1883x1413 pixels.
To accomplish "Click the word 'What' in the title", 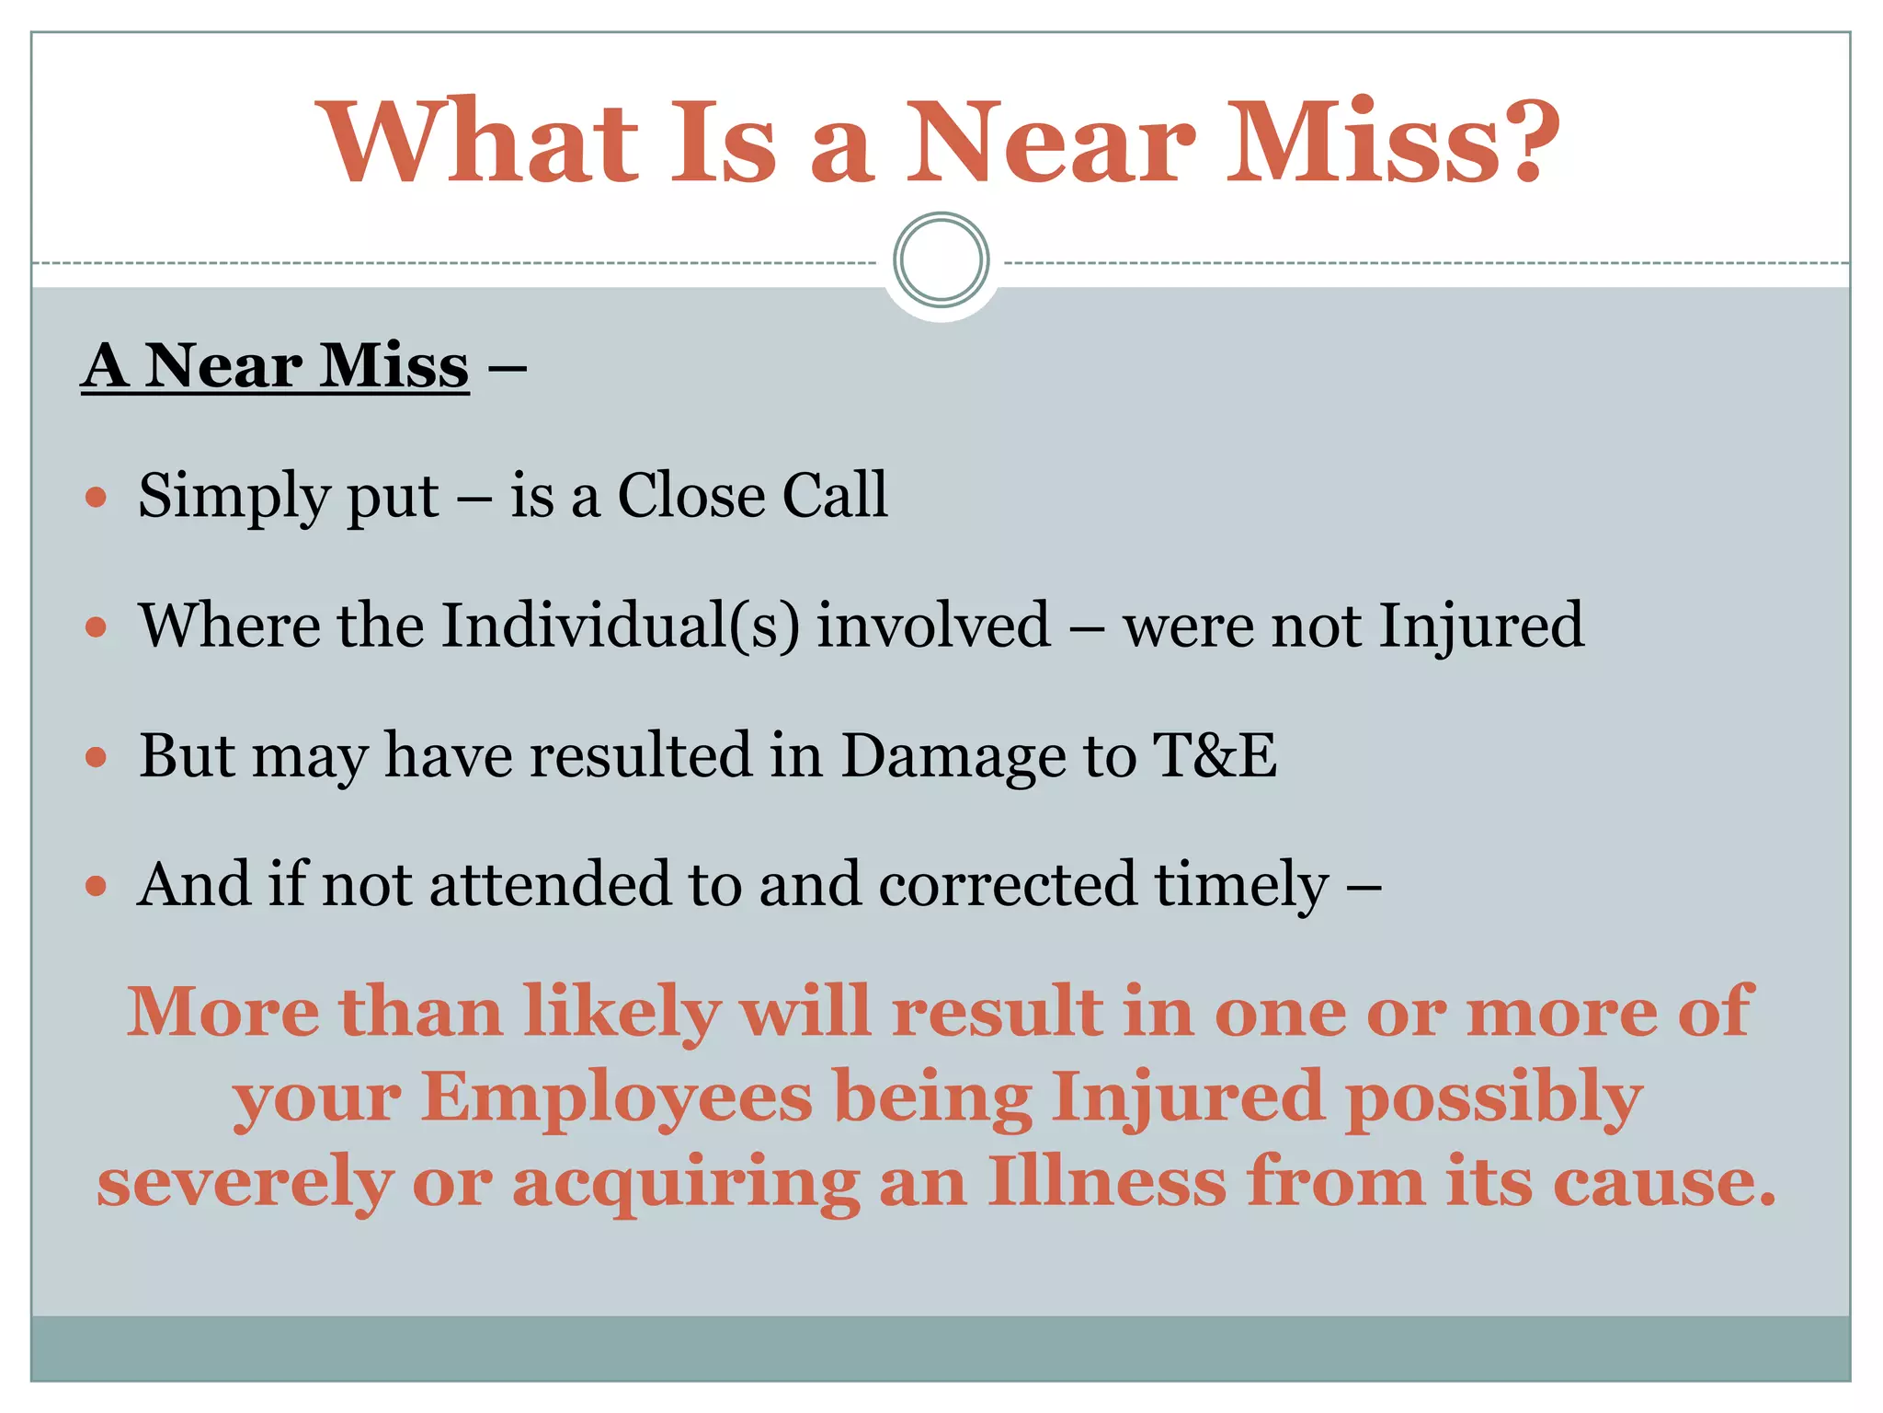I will (x=477, y=143).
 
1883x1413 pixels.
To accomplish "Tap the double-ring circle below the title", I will (x=941, y=260).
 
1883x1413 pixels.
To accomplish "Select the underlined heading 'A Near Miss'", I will (x=275, y=366).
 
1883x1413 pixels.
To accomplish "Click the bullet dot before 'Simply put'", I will (x=96, y=499).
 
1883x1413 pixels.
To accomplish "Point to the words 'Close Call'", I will (x=751, y=496).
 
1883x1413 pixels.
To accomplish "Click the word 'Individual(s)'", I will (x=621, y=626).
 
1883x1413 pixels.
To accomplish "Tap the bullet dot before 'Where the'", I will (x=96, y=628).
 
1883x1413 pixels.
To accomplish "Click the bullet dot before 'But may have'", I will (x=96, y=758).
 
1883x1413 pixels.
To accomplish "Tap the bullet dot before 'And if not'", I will (x=96, y=887).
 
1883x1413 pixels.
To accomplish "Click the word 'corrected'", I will (x=1007, y=885).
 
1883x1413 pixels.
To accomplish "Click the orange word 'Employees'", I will (x=617, y=1097).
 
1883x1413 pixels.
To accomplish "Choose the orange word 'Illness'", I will (x=1107, y=1181).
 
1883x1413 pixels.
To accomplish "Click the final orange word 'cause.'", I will (x=1664, y=1181).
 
